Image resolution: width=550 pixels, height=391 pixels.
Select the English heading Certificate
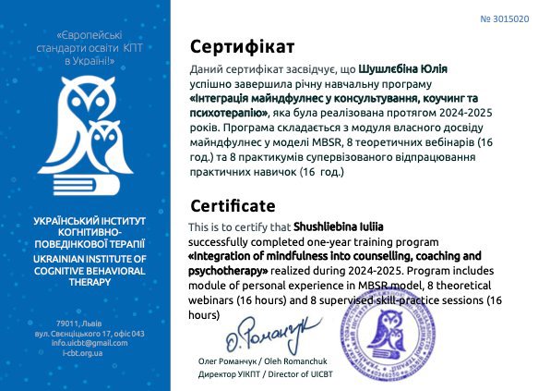click(232, 205)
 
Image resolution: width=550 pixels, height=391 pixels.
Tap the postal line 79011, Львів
click(90, 322)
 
